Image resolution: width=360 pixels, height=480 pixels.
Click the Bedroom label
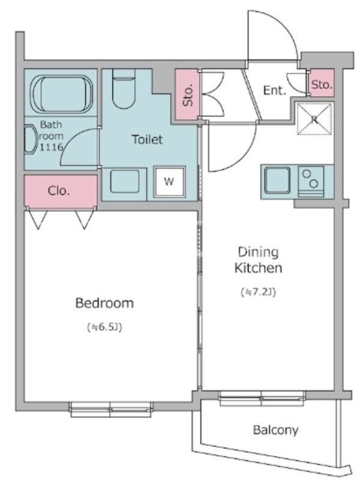point(104,303)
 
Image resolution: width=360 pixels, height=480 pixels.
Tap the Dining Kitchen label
point(259,260)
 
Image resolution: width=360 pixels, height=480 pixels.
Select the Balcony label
point(275,430)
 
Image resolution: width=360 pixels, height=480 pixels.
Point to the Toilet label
point(147,139)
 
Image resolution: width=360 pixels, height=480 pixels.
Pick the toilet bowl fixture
point(124,89)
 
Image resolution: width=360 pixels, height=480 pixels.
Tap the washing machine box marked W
point(169,182)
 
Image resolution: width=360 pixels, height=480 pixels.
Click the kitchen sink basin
point(277,181)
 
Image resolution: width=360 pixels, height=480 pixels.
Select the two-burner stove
point(311,182)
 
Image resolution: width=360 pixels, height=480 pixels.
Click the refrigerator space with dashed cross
point(314,119)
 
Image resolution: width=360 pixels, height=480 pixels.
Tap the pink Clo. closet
point(61,191)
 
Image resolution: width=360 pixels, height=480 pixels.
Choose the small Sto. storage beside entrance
point(322,83)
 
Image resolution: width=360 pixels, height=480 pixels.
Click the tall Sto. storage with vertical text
point(187,94)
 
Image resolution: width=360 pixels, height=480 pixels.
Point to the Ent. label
point(274,91)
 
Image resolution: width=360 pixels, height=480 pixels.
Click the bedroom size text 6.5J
point(104,327)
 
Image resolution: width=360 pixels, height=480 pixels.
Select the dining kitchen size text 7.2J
point(259,292)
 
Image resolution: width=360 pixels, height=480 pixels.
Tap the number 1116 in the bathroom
point(51,148)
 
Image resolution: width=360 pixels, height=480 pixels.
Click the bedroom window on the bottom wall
point(111,410)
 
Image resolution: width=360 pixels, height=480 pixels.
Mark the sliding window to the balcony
point(262,398)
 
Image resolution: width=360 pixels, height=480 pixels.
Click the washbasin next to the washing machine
point(125,182)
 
